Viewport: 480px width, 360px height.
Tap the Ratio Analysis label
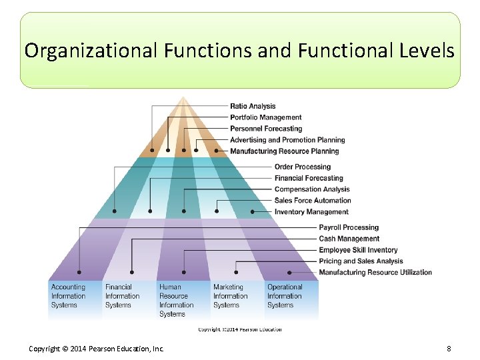pos(253,106)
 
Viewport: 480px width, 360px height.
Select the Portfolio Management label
pos(266,117)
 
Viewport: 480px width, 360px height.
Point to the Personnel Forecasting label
pos(266,129)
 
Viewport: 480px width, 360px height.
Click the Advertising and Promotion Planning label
pos(287,140)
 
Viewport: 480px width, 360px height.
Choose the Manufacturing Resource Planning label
pos(284,151)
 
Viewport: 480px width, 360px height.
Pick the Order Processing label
pos(303,167)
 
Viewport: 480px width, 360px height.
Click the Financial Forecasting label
pos(309,178)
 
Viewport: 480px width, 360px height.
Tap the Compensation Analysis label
pos(312,189)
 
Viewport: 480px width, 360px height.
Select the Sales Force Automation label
pos(313,201)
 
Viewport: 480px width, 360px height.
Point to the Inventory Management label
pos(311,212)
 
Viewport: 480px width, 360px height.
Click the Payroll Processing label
pos(349,227)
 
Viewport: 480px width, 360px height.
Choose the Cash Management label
pos(349,239)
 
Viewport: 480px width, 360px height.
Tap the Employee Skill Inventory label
pos(358,250)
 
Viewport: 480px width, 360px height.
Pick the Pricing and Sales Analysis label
pos(361,261)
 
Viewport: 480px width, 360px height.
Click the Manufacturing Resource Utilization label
pos(375,273)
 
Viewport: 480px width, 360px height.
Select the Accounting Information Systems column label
pos(69,296)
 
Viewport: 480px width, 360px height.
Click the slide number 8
pos(449,349)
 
